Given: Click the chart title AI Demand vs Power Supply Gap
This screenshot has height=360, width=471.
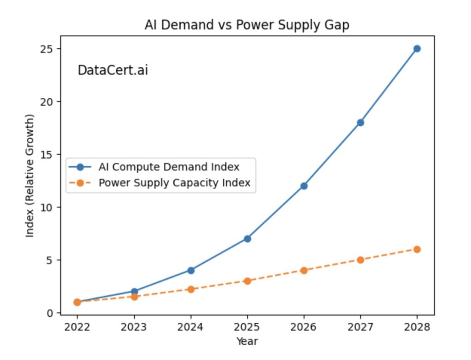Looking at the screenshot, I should (247, 25).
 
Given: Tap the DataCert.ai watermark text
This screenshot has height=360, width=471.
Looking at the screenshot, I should (113, 70).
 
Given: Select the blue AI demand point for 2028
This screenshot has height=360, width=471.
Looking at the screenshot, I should (417, 49).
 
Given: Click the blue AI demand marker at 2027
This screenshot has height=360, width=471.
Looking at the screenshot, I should (360, 122).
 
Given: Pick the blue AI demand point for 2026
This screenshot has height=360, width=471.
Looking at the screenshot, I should (304, 186).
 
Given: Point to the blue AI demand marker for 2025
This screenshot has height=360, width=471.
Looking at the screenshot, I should (247, 238).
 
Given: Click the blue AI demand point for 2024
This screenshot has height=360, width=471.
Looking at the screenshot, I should (190, 270).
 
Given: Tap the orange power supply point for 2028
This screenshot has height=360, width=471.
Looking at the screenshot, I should (417, 249).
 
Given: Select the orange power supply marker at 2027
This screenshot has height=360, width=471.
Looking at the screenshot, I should (360, 260).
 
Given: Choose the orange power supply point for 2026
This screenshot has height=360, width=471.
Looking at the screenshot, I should (304, 270).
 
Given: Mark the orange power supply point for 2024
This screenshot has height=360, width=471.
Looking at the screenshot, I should (190, 289).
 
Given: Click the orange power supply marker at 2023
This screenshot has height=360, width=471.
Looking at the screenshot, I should (134, 297).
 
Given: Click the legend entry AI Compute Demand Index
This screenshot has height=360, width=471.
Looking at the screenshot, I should (169, 167).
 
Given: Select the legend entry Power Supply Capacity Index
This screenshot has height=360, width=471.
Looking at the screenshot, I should (174, 183).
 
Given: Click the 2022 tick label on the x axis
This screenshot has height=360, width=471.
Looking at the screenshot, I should (77, 327).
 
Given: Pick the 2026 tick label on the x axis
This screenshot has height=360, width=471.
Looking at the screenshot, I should (304, 327).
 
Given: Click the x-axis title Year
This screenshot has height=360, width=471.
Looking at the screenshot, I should (247, 341).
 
